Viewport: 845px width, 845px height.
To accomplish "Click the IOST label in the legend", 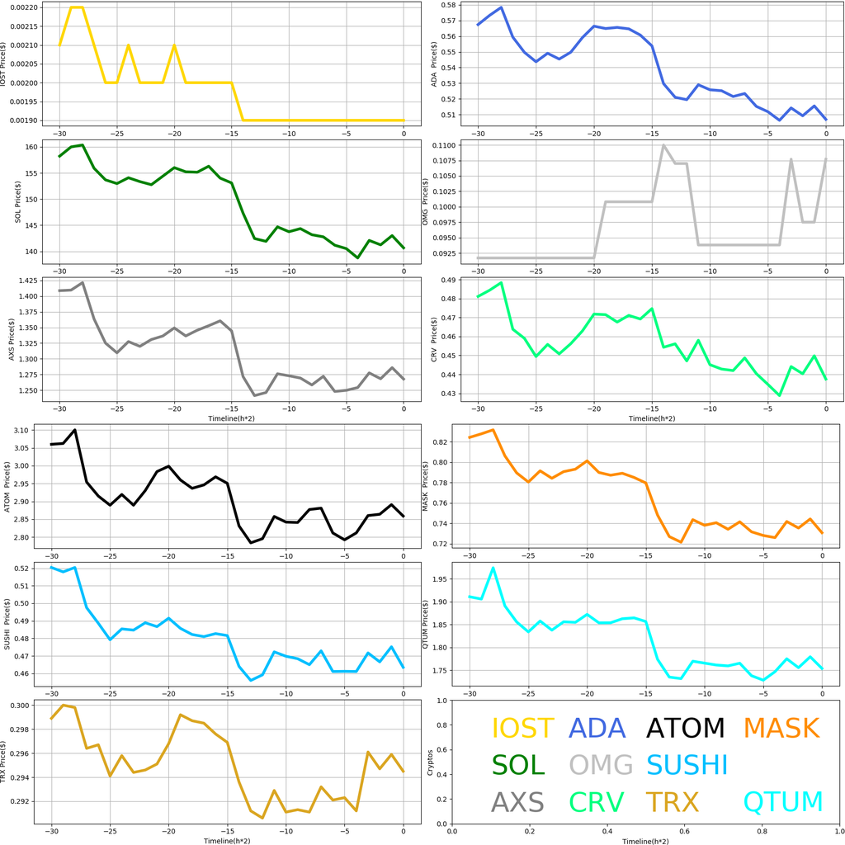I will coord(522,729).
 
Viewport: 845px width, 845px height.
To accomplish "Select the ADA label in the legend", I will coord(597,729).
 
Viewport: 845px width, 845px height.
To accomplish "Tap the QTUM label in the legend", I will coord(783,802).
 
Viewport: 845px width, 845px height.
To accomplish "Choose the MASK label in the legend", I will coord(781,729).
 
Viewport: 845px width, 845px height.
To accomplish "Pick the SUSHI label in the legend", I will coord(687,765).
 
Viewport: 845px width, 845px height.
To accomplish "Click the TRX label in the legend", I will coord(672,802).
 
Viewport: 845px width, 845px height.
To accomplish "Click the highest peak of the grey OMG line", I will coord(663,145).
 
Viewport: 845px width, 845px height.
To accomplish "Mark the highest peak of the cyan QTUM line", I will coord(493,568).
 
